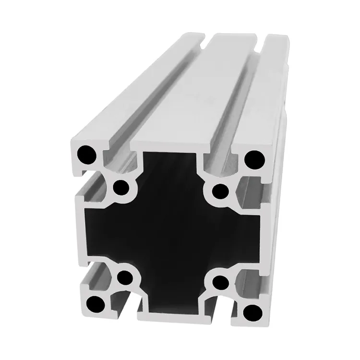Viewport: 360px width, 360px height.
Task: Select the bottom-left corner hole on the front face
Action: [96, 304]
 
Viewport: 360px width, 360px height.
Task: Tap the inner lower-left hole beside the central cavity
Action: [125, 277]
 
